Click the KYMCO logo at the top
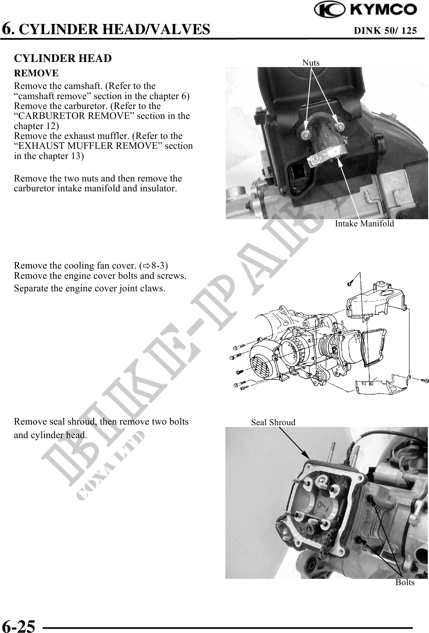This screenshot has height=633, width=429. coord(365,10)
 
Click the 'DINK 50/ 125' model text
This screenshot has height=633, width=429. coord(385,31)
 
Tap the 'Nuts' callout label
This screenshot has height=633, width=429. coord(311,63)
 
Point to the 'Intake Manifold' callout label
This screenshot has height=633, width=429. coord(364,223)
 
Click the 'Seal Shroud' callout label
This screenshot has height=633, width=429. coord(273,422)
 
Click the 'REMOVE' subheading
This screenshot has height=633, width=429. coord(36,73)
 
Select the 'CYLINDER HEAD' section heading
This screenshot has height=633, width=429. coord(63,58)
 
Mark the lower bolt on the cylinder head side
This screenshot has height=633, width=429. coord(359,539)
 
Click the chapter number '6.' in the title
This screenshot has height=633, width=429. coord(8,29)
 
